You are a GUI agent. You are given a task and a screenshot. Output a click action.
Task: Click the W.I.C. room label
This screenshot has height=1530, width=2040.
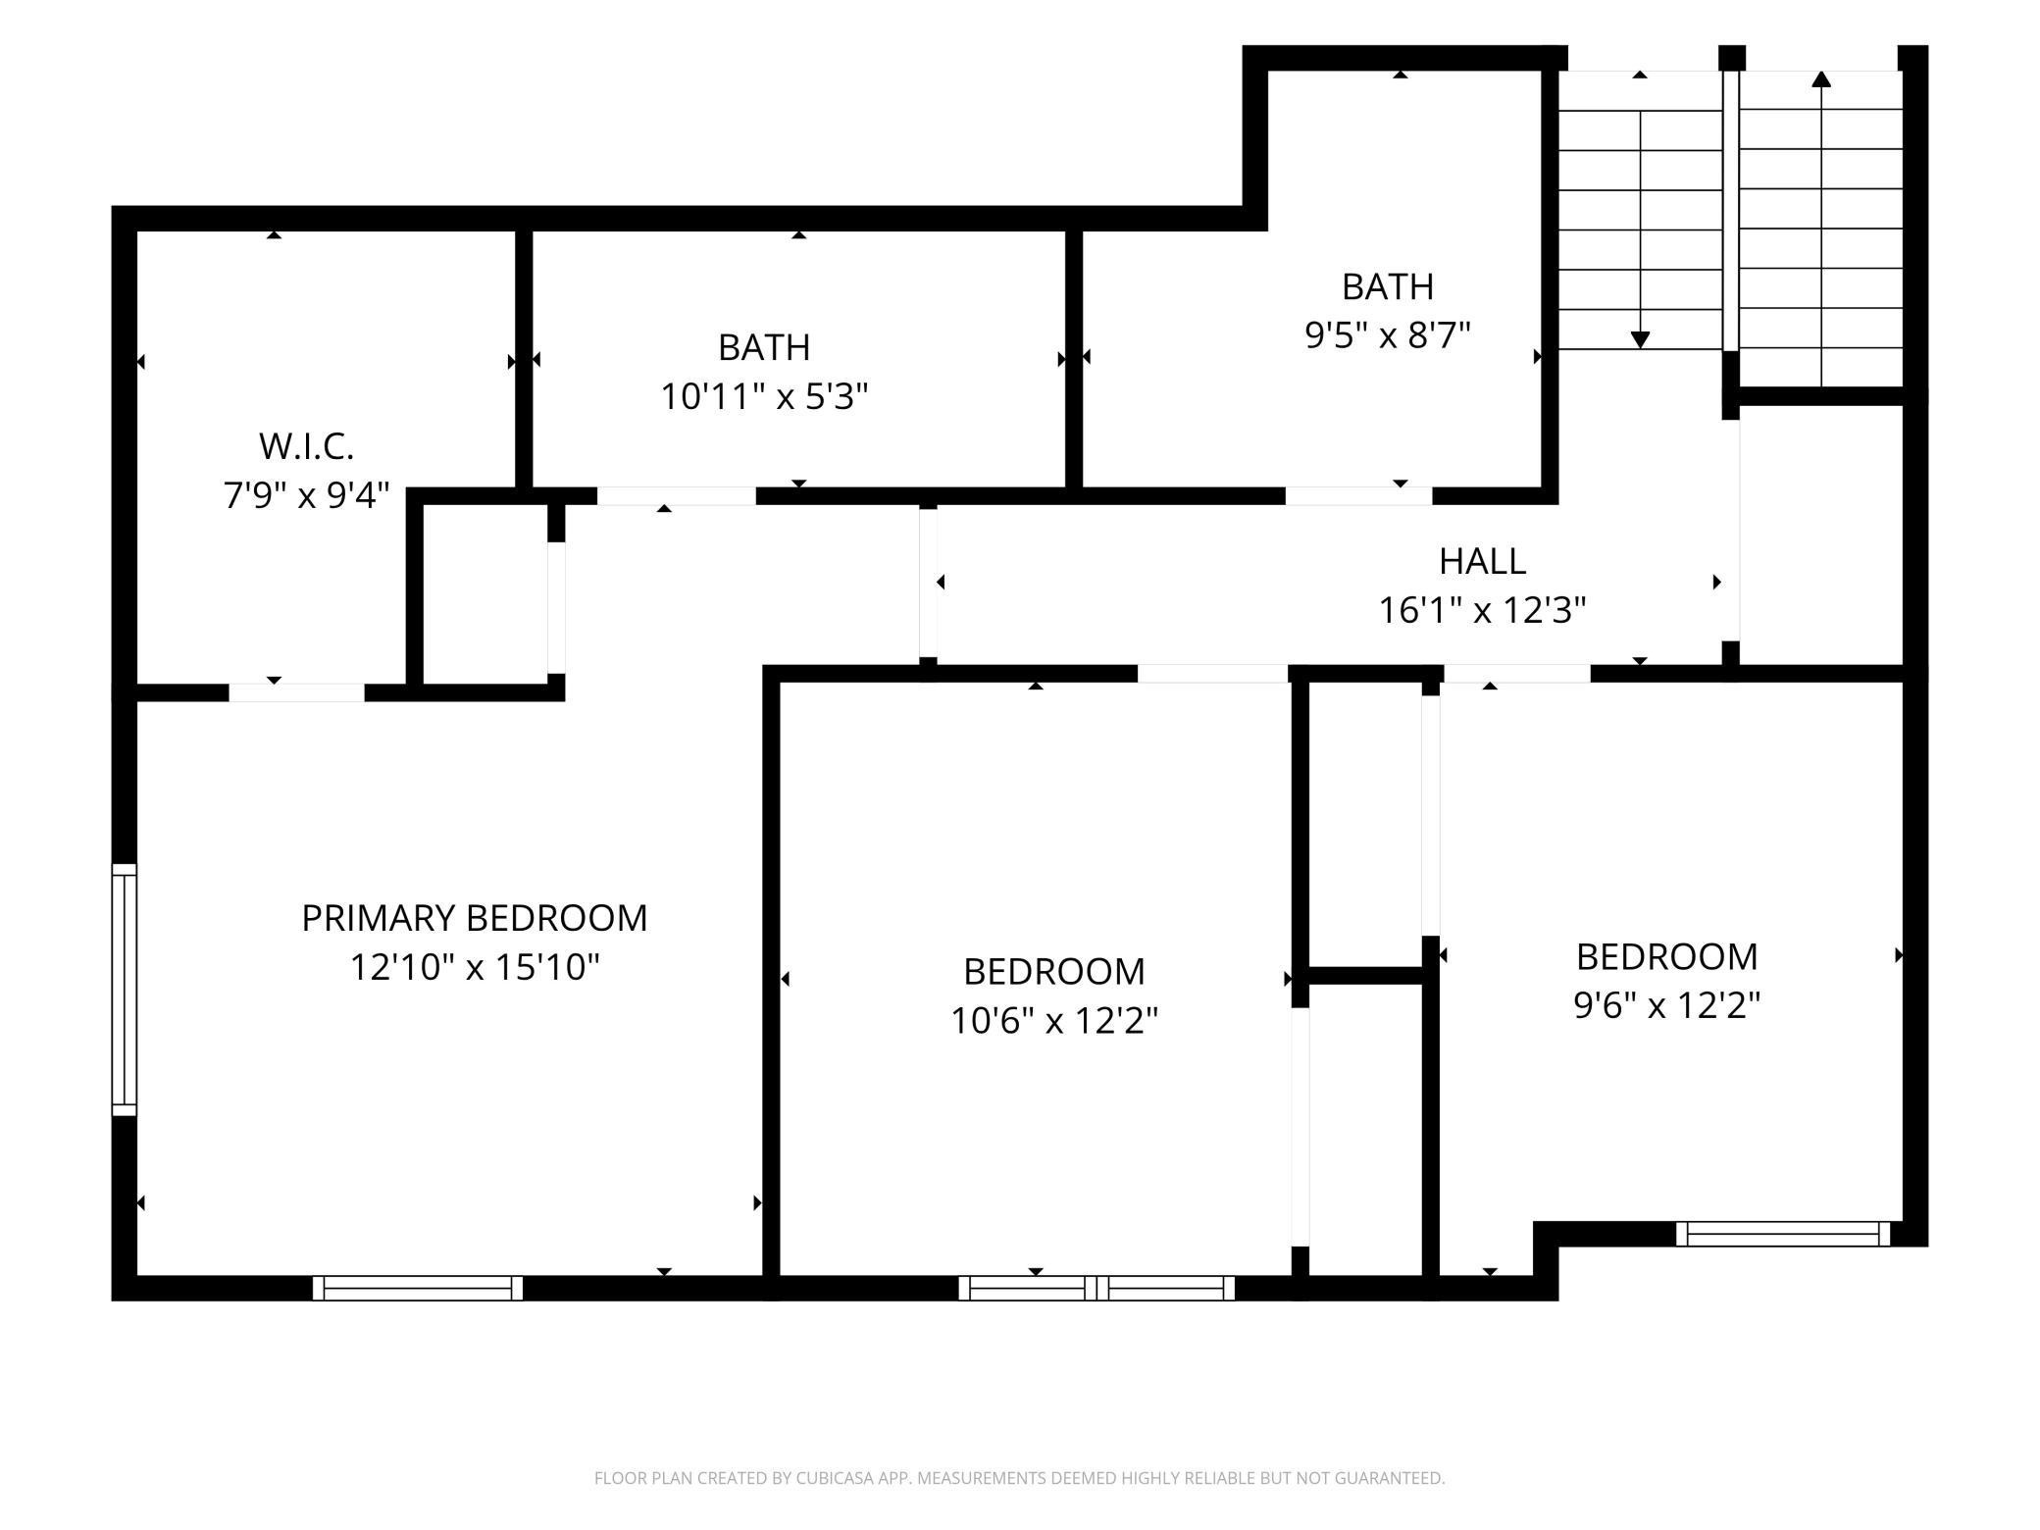306,446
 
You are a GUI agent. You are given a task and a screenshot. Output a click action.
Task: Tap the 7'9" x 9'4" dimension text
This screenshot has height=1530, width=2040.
307,496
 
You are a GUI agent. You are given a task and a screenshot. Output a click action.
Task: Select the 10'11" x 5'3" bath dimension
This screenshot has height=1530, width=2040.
764,397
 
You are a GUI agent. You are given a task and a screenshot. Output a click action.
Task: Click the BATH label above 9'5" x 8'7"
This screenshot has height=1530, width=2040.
1388,286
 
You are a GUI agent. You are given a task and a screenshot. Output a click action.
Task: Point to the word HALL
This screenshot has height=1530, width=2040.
1482,561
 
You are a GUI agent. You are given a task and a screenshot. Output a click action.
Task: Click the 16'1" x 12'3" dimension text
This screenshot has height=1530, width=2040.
1482,611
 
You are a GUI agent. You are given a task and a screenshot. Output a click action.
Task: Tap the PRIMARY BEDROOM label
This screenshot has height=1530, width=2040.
474,918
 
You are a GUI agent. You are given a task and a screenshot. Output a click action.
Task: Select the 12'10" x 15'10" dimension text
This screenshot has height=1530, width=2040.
474,968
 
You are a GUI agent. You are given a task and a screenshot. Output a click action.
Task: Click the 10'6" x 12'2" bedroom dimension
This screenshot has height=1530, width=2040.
1054,1022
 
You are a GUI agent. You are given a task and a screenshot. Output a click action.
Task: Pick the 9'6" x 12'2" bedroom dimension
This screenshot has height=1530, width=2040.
1667,1006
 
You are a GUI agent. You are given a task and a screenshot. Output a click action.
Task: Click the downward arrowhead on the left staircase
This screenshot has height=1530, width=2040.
1640,340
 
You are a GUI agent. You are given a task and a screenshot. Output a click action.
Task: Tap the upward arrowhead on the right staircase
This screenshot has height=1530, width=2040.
1821,78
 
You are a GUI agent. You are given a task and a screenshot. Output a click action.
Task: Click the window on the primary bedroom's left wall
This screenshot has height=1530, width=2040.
125,990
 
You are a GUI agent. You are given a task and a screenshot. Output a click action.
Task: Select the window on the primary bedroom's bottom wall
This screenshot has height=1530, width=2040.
418,1288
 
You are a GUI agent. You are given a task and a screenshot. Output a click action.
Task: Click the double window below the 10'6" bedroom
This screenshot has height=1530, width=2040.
1096,1288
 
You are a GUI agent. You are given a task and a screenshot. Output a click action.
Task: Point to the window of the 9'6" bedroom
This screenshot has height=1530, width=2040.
1783,1234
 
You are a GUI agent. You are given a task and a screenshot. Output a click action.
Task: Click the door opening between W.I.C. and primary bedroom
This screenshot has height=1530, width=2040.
296,692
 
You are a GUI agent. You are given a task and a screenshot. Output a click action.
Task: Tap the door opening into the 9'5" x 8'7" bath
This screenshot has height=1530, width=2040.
1358,495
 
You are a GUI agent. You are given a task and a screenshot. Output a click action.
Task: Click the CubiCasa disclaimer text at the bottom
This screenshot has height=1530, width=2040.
1020,1478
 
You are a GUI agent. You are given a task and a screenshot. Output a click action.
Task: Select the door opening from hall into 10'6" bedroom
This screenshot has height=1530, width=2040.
1212,674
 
